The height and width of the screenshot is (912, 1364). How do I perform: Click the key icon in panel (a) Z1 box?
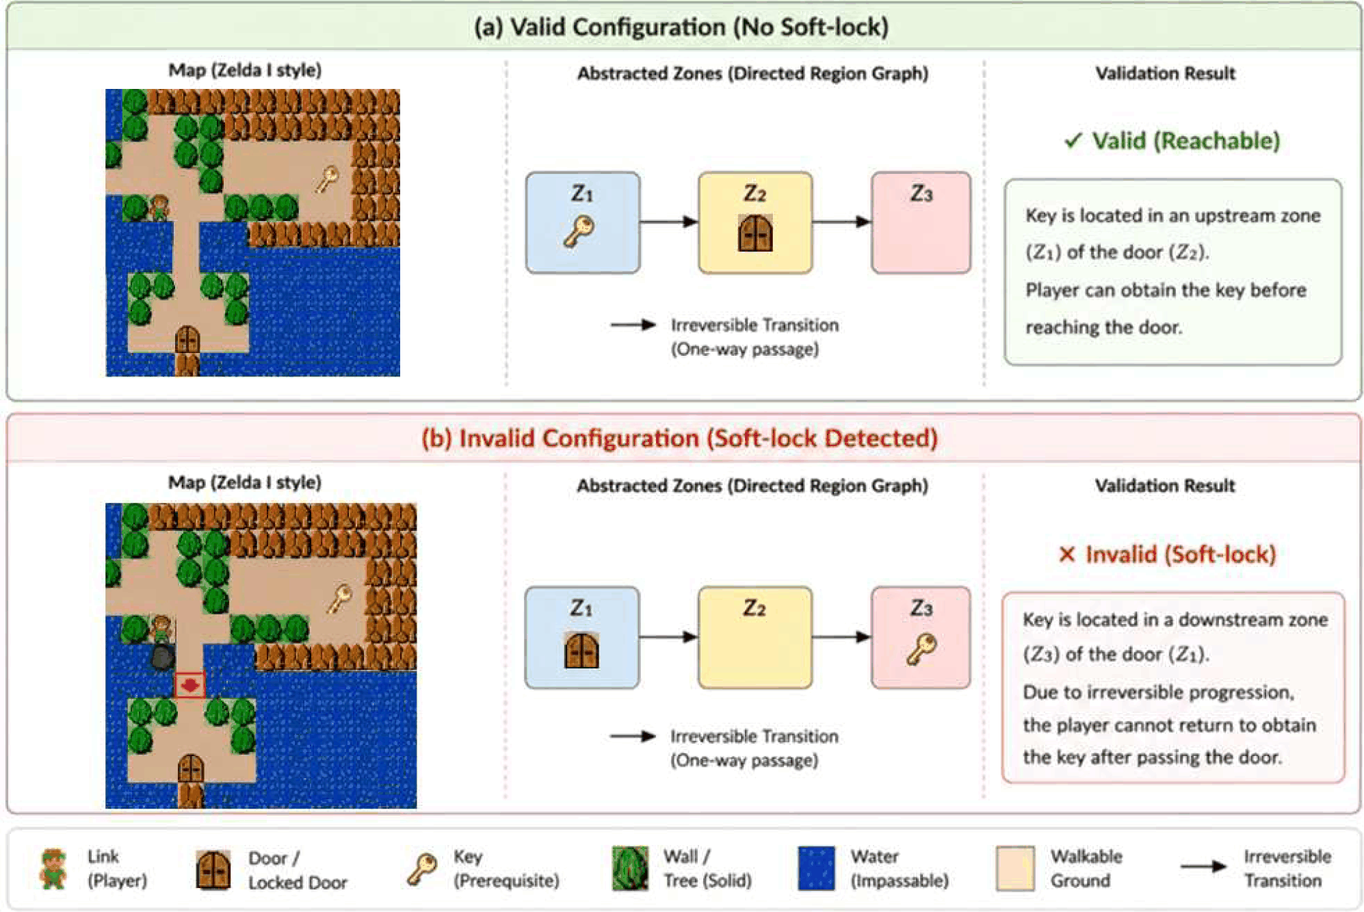(579, 231)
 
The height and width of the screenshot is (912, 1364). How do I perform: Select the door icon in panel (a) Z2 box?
(755, 233)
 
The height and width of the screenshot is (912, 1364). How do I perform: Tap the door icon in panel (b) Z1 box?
(581, 650)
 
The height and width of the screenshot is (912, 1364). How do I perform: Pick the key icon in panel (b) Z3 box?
(921, 649)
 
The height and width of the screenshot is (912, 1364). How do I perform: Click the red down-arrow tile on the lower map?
(189, 685)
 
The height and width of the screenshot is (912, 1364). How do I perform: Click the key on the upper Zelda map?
(327, 180)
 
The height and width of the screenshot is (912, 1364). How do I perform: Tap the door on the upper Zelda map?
(187, 339)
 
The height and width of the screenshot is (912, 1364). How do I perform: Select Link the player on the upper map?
(159, 207)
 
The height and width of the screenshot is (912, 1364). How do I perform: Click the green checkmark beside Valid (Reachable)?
(1073, 140)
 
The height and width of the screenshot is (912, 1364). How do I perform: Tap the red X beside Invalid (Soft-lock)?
(1066, 554)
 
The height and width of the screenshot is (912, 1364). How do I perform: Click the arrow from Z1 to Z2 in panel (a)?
(668, 222)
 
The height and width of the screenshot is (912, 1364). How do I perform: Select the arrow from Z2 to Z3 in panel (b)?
(841, 637)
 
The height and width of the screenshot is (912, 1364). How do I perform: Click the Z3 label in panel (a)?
(921, 194)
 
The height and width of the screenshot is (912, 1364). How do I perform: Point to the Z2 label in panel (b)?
(755, 608)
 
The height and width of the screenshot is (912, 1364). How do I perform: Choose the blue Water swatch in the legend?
(816, 868)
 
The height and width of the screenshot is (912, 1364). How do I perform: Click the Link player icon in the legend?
(53, 868)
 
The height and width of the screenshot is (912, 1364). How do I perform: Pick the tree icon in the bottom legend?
(630, 868)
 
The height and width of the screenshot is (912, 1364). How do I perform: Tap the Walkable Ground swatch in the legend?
(1014, 868)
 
